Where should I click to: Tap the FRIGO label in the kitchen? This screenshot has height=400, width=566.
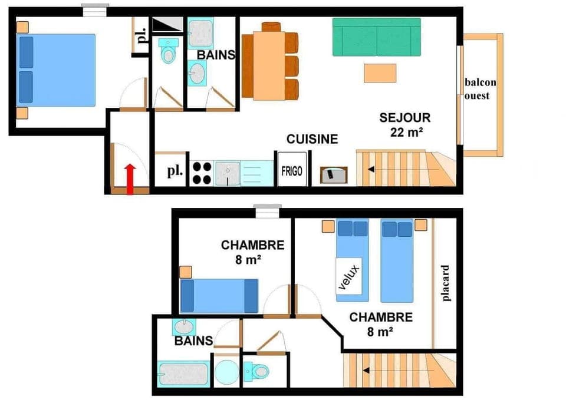292,171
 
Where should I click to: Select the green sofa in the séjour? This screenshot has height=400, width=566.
377,37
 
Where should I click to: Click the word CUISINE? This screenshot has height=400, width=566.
312,139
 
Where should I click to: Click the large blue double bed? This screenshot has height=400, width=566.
57,70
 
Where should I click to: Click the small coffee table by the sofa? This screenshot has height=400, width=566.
380,73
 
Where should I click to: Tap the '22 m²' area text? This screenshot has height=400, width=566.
406,132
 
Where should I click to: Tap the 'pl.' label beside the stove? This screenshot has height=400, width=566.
173,172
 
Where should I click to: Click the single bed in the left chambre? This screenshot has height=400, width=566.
219,296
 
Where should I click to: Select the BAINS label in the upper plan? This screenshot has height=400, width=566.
216,55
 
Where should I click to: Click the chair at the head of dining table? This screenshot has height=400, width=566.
271,27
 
